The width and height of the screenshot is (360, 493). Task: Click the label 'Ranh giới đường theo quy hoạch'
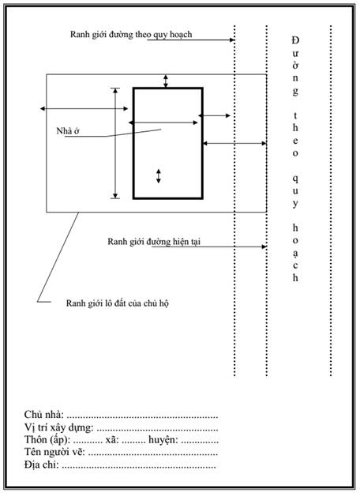pos(131,34)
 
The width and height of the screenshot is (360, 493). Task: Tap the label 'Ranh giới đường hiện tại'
pos(154,242)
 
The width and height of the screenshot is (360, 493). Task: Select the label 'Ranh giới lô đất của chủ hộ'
pos(117,303)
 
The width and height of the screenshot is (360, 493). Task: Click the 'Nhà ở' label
pos(68,131)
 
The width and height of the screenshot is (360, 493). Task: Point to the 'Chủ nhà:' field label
pos(44,415)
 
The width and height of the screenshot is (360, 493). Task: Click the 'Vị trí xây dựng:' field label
pos(58,427)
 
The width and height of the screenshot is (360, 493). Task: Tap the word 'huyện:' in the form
pos(163,439)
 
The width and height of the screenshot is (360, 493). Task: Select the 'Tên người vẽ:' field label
pos(54,452)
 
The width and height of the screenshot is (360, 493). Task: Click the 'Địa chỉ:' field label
pos(42,464)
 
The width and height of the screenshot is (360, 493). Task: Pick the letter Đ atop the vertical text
pos(295,40)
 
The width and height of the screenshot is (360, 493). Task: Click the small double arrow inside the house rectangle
pos(159,176)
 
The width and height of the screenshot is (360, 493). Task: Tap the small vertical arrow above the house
pos(166,81)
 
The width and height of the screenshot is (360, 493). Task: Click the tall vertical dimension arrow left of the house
pos(115,143)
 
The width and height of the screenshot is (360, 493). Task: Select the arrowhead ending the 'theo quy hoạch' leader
pos(232,40)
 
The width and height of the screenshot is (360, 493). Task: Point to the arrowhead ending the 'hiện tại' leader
pos(264,246)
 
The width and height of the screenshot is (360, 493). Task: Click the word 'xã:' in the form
pos(112,439)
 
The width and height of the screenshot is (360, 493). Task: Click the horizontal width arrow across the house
pos(163,122)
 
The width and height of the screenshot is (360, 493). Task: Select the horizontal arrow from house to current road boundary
pos(234,144)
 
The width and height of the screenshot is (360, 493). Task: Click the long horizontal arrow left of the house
pos(84,109)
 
